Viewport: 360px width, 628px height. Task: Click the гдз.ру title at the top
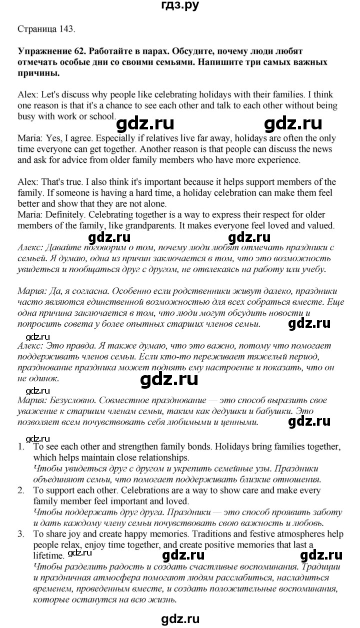click(179, 6)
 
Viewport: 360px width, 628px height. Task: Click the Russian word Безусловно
click(71, 401)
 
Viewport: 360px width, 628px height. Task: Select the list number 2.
click(20, 490)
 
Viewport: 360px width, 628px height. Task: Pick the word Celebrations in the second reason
click(138, 490)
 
